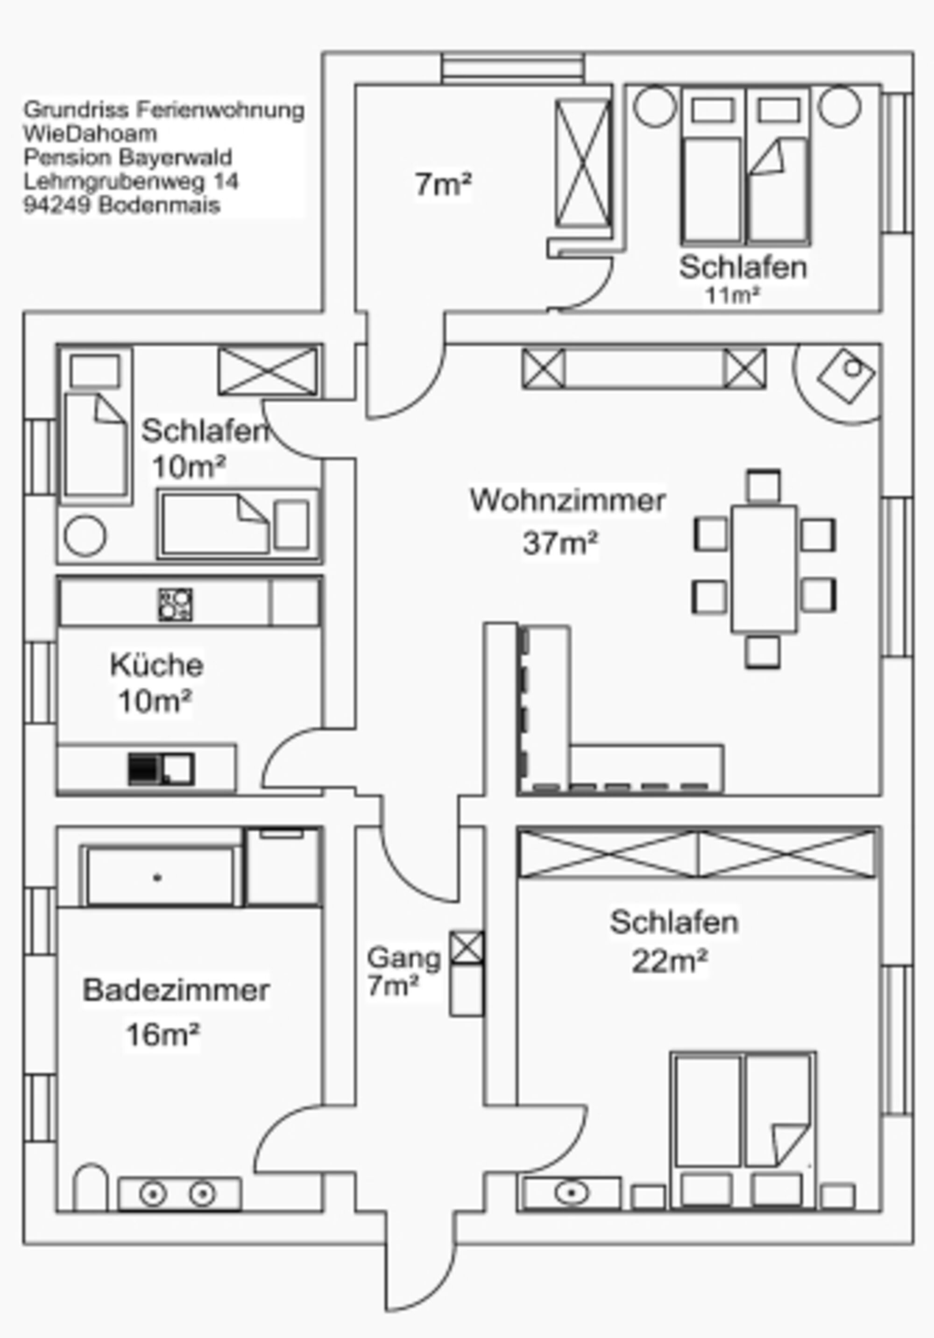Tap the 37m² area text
560,542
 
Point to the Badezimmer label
176,990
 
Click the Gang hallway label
403,958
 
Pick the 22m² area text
669,962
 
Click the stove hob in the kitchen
175,604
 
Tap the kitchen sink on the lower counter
161,768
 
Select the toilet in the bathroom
91,1187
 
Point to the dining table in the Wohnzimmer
764,569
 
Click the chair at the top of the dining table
764,486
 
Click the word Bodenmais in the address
159,205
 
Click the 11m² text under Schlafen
732,296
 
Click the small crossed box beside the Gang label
467,947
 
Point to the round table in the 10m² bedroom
85,535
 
